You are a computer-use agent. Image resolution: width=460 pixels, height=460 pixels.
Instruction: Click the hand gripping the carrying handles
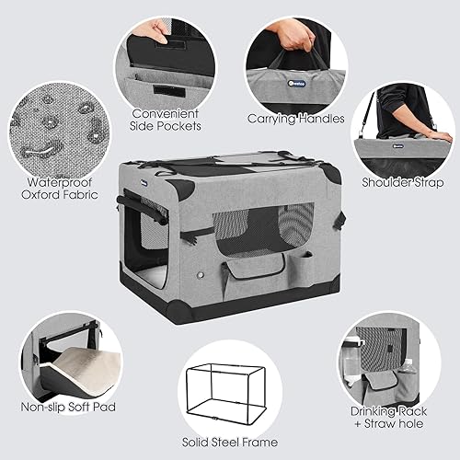click(296, 35)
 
